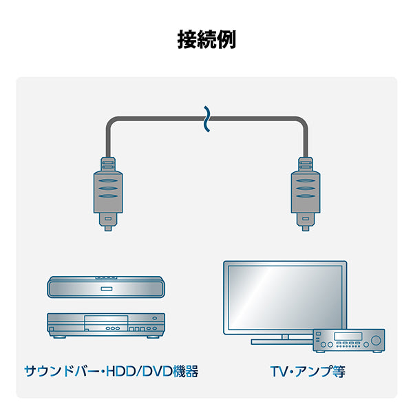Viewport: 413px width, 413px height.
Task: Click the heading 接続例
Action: click(x=206, y=39)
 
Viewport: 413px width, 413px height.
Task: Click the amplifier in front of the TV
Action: click(x=348, y=340)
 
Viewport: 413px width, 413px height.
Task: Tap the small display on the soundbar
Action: click(x=107, y=288)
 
